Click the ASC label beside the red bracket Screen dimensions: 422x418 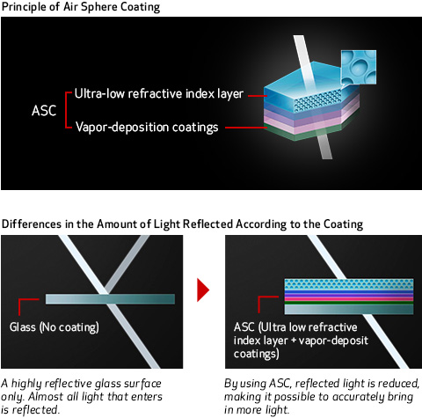tap(44, 111)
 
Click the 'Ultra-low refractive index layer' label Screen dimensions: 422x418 tap(159, 94)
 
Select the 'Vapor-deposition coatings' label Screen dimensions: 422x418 tap(147, 128)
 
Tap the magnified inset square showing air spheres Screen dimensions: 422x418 tap(359, 67)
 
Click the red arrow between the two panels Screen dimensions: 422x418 tap(203, 290)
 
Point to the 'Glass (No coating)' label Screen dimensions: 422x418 tap(55, 327)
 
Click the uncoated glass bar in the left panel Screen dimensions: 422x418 tap(110, 299)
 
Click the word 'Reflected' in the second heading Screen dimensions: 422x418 tap(207, 224)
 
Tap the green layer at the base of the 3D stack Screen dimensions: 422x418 tap(310, 132)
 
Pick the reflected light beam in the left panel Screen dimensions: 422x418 tap(127, 264)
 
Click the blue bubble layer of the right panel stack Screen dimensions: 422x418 tap(349, 284)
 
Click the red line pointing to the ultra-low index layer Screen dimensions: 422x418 tap(258, 96)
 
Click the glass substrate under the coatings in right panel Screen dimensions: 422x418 tap(349, 310)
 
